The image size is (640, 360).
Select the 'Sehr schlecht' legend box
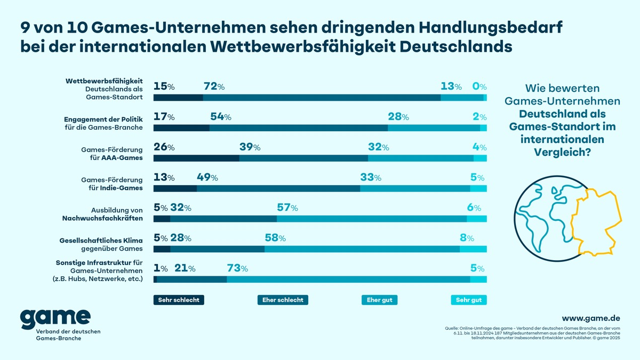coord(179,300)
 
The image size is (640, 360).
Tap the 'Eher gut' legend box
coord(379,300)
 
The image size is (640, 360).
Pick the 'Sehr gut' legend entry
coord(469,300)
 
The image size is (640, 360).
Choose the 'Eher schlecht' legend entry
coord(283,300)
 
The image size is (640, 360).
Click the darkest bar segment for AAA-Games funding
coord(196,158)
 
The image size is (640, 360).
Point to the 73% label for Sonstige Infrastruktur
coord(237,269)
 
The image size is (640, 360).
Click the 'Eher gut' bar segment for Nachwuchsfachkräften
coord(371,219)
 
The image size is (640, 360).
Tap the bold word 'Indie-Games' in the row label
coord(122,188)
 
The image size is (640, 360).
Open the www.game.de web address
coord(590,318)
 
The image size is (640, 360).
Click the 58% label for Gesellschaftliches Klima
coord(275,238)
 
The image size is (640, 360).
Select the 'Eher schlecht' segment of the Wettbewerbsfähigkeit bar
coord(322,98)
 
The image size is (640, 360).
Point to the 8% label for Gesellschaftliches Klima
coord(467,238)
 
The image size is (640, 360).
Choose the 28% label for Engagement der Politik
coord(398,117)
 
